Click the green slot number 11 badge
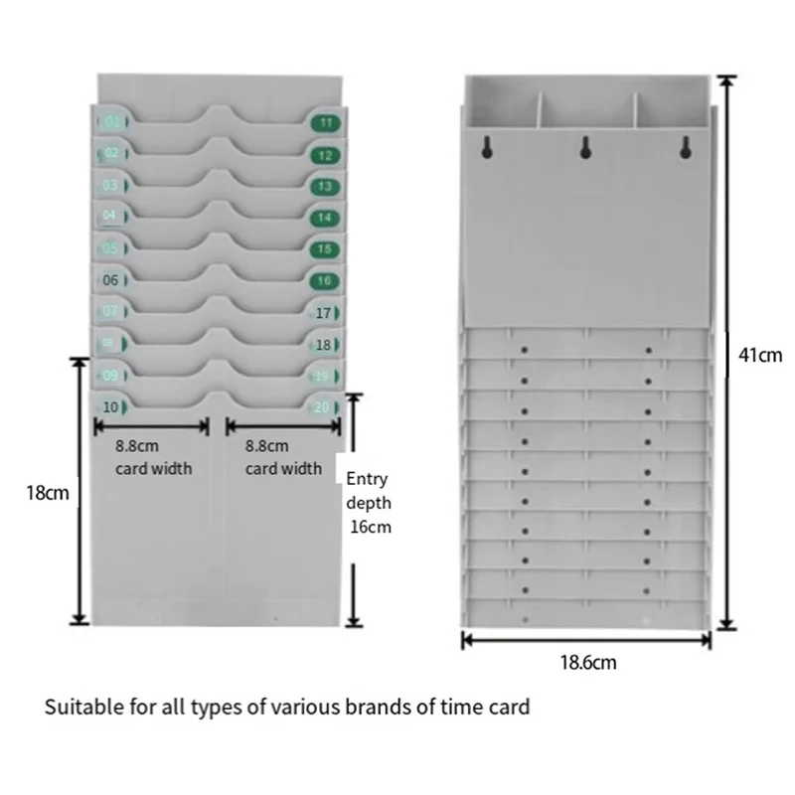click(x=326, y=123)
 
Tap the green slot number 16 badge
click(x=326, y=281)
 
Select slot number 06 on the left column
click(x=111, y=281)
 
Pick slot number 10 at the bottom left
click(x=111, y=406)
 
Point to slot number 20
click(x=322, y=406)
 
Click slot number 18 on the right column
click(x=323, y=345)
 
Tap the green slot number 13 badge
click(x=326, y=186)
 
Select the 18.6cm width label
click(x=586, y=661)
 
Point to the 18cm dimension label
click(x=47, y=491)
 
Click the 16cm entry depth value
click(x=371, y=528)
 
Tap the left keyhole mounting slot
click(x=487, y=148)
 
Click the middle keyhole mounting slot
click(x=585, y=148)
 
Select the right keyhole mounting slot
click(x=684, y=148)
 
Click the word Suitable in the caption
click(x=78, y=708)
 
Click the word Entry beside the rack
click(x=367, y=480)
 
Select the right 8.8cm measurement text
click(x=267, y=447)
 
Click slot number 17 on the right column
click(x=323, y=313)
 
